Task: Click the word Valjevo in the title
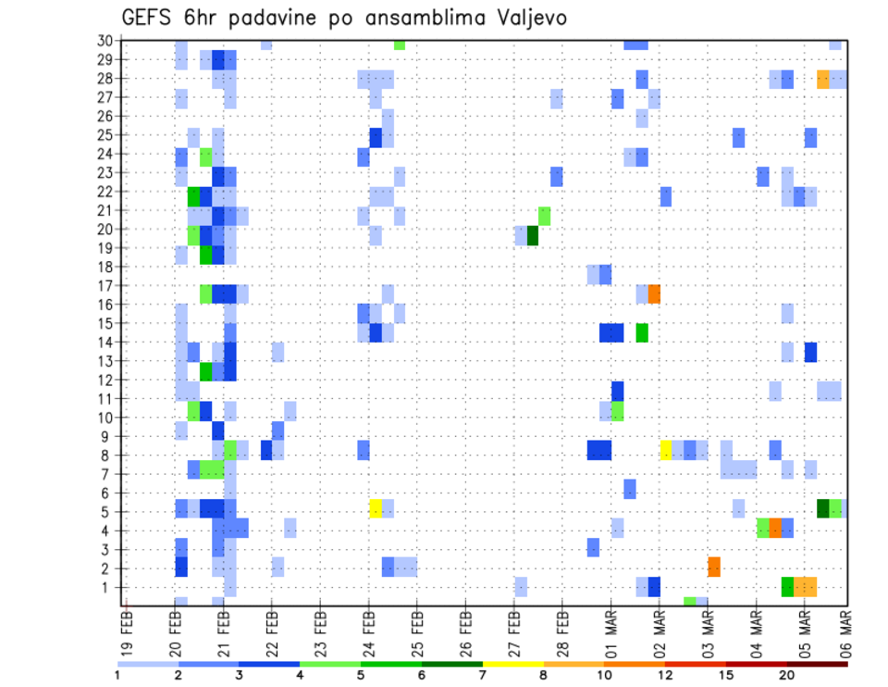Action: (524, 18)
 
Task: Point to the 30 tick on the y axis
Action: (105, 41)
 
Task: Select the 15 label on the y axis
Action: (105, 323)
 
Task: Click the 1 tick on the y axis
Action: (109, 587)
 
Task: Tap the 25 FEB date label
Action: (416, 628)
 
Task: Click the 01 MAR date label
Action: (610, 628)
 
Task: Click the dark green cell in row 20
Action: (533, 236)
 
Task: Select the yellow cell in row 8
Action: (665, 451)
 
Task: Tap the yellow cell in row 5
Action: (376, 507)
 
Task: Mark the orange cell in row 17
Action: (654, 294)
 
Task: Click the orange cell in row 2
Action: (714, 567)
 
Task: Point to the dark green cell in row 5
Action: (822, 507)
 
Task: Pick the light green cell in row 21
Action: (545, 216)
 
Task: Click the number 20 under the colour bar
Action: (787, 674)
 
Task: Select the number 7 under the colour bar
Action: (483, 674)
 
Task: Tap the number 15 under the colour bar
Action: (726, 674)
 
